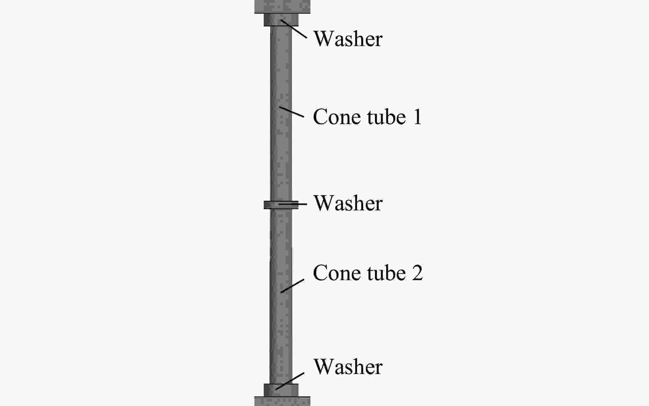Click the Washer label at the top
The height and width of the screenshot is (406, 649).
pos(348,39)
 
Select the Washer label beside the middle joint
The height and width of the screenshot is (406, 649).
pos(348,203)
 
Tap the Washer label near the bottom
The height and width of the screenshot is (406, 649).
pos(348,367)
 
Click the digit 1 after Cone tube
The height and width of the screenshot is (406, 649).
pos(417,117)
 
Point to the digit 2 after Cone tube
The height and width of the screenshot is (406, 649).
pos(417,273)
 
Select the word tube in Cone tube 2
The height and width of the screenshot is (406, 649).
pos(386,273)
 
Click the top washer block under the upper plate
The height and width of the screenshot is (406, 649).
pos(281,20)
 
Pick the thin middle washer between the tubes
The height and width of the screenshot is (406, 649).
pos(281,205)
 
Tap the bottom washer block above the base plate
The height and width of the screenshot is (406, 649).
pos(281,390)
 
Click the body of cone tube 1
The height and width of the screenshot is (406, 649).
pos(281,113)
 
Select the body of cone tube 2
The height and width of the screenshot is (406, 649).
pos(281,296)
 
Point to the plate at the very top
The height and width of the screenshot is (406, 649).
pos(282,7)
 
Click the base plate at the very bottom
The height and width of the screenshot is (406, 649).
pos(282,401)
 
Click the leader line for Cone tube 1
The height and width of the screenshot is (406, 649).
pos(292,112)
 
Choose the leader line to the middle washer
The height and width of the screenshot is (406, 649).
pos(293,204)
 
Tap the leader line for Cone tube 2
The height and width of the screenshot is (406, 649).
pos(292,286)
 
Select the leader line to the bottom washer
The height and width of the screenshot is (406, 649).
pos(290,381)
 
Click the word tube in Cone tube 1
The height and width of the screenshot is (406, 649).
pos(386,117)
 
